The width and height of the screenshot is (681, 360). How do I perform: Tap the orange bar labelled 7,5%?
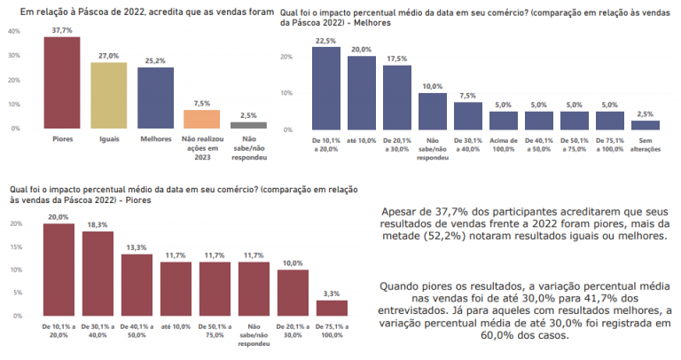pyautogui.click(x=201, y=120)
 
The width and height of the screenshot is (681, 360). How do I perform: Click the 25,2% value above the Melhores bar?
pyautogui.click(x=156, y=61)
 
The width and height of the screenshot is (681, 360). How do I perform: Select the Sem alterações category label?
pyautogui.click(x=646, y=145)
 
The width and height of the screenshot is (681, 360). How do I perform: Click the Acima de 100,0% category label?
pyautogui.click(x=503, y=145)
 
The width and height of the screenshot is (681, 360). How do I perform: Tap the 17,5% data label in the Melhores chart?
pyautogui.click(x=396, y=59)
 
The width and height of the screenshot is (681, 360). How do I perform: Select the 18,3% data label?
pyautogui.click(x=98, y=225)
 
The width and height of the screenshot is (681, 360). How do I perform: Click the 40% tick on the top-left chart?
pyautogui.click(x=13, y=31)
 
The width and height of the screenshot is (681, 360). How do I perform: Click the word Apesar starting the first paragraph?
pyautogui.click(x=399, y=212)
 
